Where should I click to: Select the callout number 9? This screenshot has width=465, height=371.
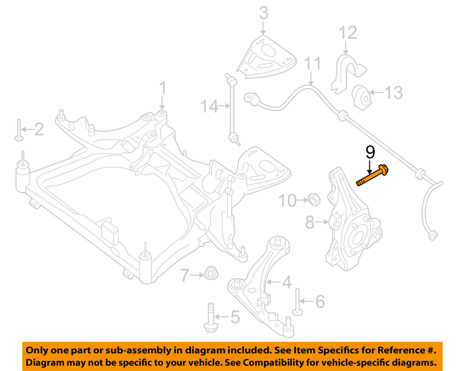[370, 152]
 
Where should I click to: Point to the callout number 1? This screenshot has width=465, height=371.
[163, 88]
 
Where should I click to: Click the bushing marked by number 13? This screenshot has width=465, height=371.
[361, 97]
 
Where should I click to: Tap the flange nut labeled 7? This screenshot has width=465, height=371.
[211, 272]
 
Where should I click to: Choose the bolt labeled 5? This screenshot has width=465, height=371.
[211, 318]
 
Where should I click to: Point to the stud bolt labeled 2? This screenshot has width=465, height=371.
[19, 130]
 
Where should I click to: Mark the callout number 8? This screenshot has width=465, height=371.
[310, 222]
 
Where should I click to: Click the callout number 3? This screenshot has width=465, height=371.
[263, 13]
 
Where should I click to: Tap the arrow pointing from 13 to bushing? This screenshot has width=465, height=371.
[376, 92]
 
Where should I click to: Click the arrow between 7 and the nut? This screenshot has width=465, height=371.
[197, 275]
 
